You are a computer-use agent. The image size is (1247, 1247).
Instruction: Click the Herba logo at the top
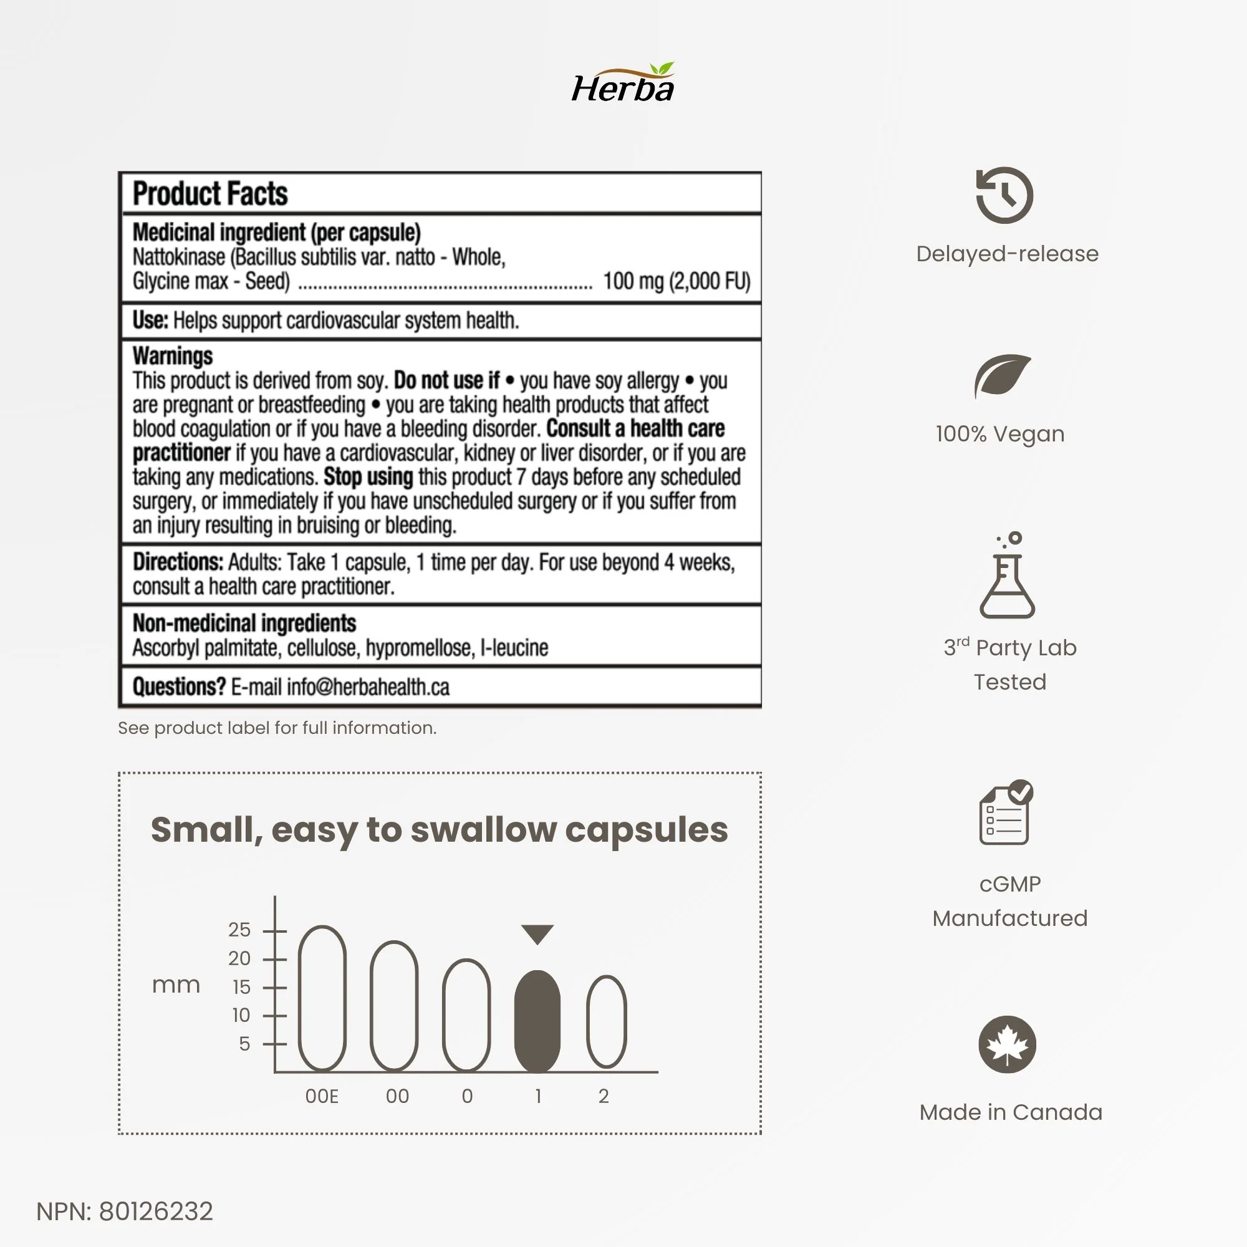623,85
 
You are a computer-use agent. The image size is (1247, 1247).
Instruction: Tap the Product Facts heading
209,194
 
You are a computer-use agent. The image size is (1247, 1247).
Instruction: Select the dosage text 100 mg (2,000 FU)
676,281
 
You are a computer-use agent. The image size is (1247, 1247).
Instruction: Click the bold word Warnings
172,355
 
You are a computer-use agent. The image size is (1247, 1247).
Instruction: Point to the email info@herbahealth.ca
368,686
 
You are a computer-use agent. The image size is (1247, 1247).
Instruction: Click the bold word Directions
178,562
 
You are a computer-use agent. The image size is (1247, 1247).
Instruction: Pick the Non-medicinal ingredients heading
244,623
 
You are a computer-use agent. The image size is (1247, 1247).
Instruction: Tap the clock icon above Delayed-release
1004,195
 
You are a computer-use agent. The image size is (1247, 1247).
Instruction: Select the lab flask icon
1007,575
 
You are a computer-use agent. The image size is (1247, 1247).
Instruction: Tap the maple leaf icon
1007,1044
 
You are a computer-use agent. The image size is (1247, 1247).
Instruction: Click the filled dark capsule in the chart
537,1021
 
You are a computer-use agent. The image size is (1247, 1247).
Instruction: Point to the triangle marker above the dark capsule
537,933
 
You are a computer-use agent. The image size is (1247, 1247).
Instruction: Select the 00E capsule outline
322,998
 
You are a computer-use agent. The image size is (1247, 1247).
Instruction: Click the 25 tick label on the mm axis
239,930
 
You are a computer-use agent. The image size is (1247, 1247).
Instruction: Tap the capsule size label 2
604,1097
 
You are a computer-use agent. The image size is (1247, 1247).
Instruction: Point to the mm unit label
176,985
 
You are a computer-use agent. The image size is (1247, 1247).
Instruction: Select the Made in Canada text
1011,1112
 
